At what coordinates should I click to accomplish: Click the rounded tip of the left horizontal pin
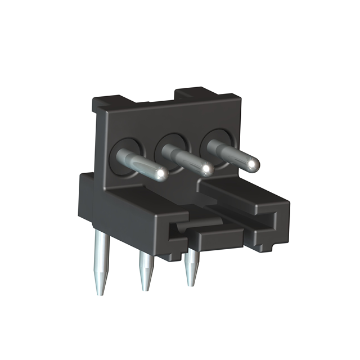[x=161, y=173]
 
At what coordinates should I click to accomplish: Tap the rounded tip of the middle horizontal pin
[x=207, y=168]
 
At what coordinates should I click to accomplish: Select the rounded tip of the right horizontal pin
[x=253, y=163]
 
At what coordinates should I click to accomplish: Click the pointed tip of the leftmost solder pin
[x=100, y=292]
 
